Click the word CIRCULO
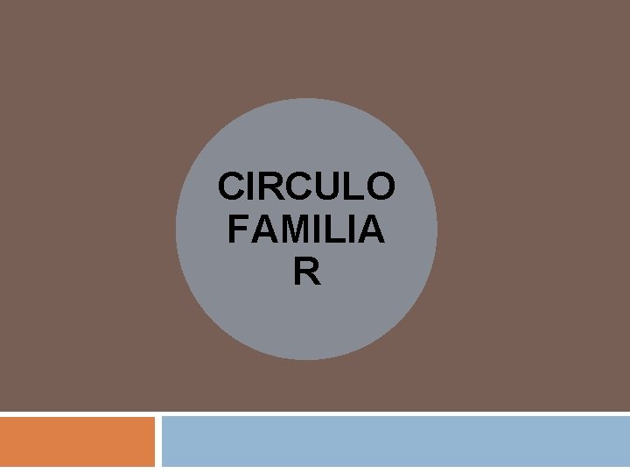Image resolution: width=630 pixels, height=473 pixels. point(306,187)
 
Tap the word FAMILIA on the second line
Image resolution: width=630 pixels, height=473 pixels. point(305,230)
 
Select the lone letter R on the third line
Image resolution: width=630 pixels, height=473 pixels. point(307,273)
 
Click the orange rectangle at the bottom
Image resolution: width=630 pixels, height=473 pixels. point(77,441)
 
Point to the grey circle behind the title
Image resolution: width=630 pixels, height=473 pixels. point(306,324)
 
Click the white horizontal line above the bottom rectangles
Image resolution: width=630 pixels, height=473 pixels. point(315,413)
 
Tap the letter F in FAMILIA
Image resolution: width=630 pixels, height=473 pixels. point(237,230)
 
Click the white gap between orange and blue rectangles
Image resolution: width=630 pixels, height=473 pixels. point(158,441)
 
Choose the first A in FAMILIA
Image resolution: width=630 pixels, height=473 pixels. point(260,230)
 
